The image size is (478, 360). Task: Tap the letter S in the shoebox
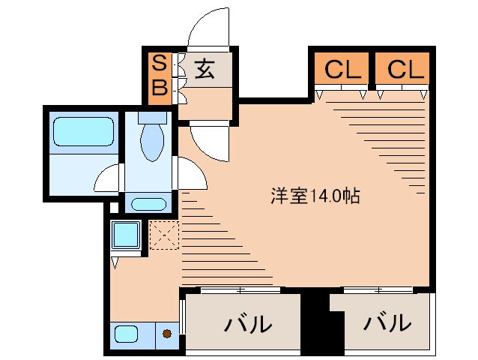(159, 63)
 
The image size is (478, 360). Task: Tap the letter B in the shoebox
(159, 88)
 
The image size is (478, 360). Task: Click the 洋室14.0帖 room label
(315, 196)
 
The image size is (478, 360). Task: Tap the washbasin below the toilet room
(149, 204)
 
